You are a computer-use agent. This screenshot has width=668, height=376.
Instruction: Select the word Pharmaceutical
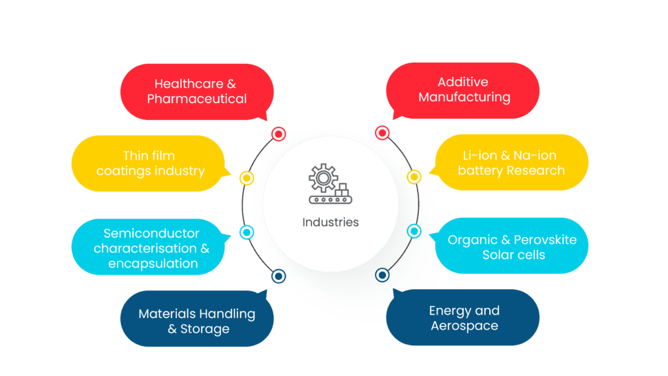point(196,99)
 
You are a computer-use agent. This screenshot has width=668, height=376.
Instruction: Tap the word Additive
point(463,82)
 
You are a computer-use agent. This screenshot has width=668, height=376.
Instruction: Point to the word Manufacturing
point(464,98)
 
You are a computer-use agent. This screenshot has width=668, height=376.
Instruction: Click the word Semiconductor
point(151,233)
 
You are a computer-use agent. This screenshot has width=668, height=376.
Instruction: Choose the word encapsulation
point(153,264)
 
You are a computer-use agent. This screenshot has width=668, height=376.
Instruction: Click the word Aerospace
point(464,326)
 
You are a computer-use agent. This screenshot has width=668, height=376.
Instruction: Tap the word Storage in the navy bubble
point(205,329)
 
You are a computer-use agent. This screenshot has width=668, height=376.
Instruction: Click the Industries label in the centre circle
point(330,222)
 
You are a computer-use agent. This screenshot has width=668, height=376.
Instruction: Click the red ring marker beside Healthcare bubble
point(279,134)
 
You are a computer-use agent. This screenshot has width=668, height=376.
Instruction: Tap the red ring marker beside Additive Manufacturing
point(382,133)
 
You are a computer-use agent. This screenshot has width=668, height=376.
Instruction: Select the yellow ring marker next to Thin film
point(247,177)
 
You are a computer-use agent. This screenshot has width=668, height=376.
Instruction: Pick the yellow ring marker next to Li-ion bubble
point(414,176)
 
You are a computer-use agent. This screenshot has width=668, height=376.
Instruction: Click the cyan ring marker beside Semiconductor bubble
point(247,231)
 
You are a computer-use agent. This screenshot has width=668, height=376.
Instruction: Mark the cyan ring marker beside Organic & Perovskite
point(414,231)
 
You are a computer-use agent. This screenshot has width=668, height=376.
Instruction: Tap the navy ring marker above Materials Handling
point(278,276)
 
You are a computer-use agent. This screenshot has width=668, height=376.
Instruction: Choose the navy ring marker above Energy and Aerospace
point(382,275)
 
